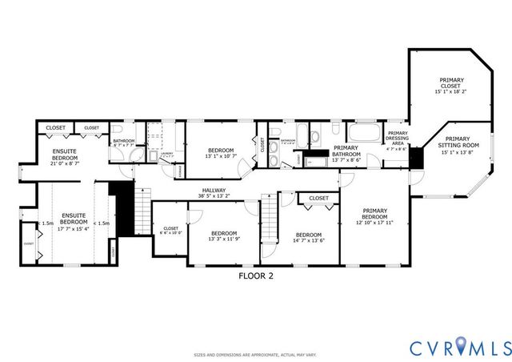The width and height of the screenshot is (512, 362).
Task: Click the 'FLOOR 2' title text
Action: coord(256,276)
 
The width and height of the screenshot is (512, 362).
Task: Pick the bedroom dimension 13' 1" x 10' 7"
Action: coord(221,157)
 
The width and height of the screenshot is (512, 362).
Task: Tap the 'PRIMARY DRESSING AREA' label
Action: coord(397,140)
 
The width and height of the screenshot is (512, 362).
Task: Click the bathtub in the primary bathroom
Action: coord(365,131)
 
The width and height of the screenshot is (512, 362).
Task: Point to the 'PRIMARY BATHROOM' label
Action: coord(346,153)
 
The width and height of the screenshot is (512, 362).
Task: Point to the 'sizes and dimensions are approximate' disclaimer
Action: coord(256,354)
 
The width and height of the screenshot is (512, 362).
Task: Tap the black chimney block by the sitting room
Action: coord(415,159)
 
